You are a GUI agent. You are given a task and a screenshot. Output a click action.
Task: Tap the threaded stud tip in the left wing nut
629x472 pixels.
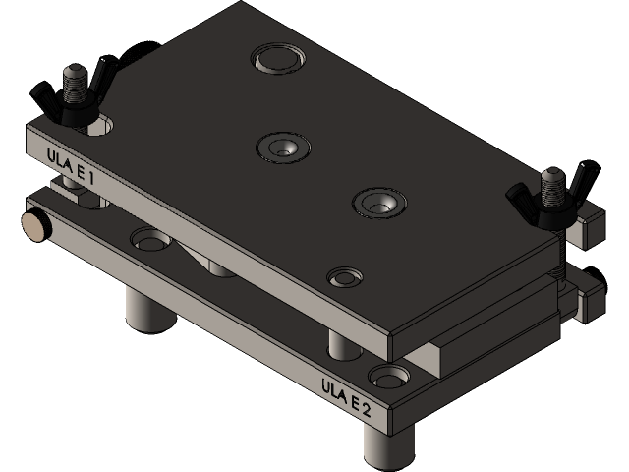click(x=74, y=76)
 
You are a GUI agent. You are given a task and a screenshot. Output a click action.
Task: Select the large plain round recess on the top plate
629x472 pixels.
click(x=278, y=58)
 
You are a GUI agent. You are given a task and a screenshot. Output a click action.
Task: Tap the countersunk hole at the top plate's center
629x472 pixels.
click(x=283, y=147)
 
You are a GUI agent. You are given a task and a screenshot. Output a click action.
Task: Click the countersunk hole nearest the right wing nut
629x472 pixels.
click(x=379, y=204)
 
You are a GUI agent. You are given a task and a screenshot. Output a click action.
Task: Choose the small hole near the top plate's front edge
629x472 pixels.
click(x=345, y=276)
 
